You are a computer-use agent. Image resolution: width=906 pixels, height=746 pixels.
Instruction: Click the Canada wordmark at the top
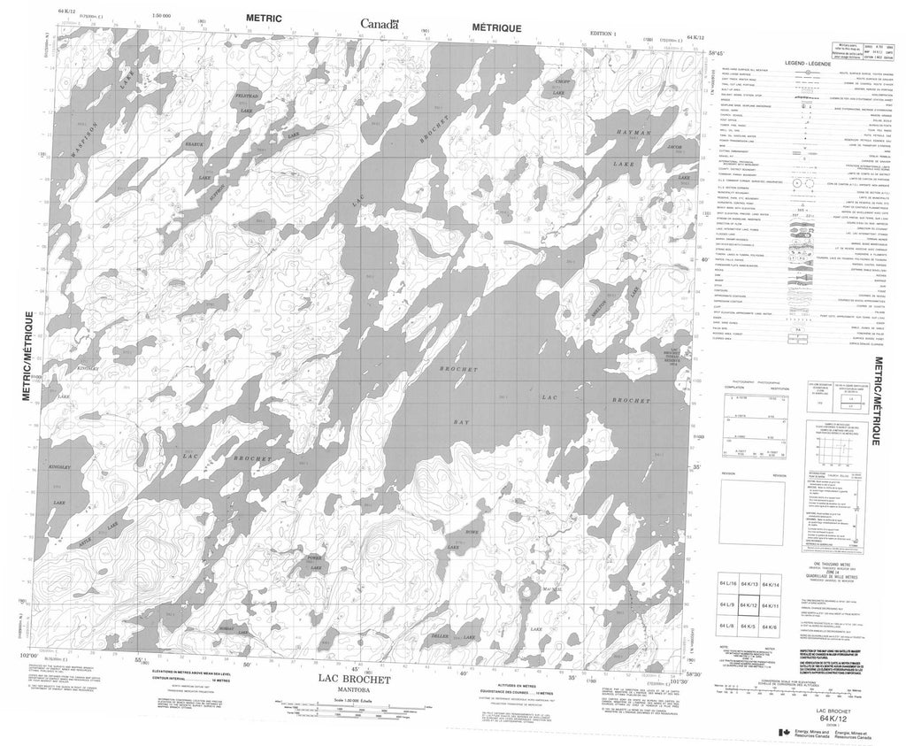pyautogui.click(x=380, y=25)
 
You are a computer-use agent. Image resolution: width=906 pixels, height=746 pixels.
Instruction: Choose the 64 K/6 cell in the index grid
pyautogui.click(x=771, y=626)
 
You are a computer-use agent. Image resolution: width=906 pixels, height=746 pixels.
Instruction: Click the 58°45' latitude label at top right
pyautogui.click(x=695, y=52)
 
